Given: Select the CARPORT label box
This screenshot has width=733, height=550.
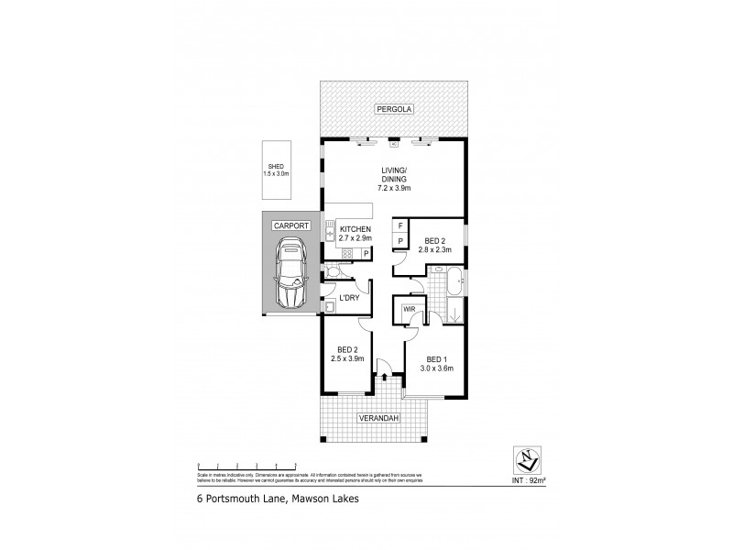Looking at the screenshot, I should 290,225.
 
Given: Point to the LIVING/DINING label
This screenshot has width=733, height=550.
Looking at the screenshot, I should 394,179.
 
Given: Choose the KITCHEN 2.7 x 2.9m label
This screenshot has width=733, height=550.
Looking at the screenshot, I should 355,233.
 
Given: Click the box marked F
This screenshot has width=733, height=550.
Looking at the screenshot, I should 400,225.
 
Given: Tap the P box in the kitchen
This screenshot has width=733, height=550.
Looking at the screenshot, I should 366,254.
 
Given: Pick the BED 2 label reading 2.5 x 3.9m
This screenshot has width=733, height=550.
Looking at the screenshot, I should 347,354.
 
